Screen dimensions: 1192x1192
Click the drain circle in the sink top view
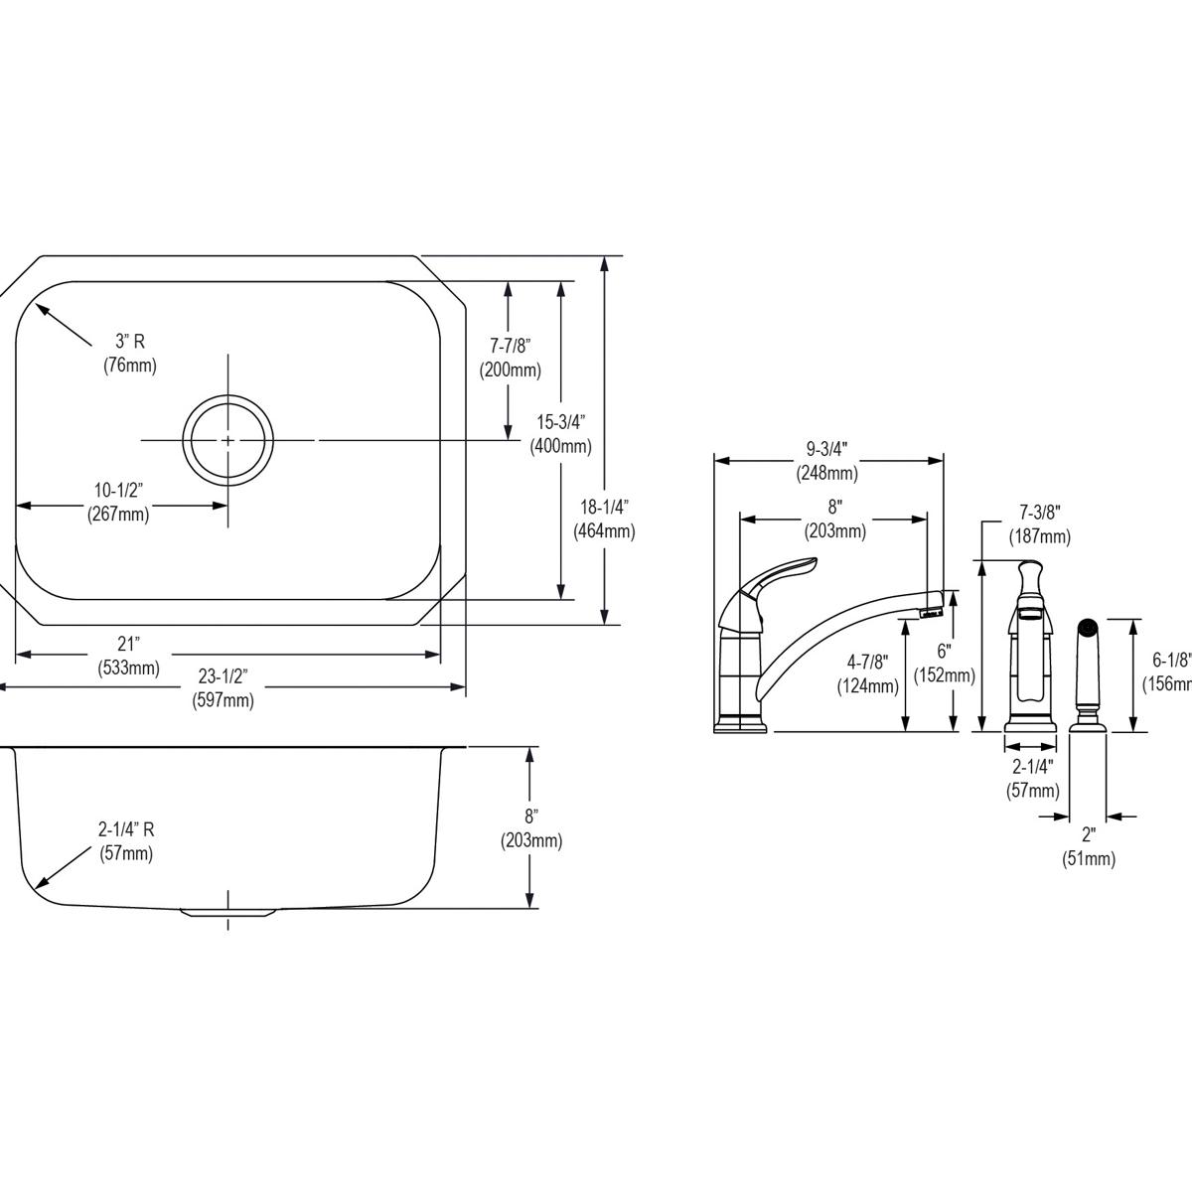point(228,439)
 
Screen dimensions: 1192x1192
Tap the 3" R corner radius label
point(130,354)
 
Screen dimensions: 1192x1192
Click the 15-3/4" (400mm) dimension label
point(561,435)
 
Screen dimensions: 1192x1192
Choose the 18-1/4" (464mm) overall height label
point(604,519)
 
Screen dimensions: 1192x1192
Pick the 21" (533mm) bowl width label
point(129,656)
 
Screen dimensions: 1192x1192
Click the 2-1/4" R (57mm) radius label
point(126,841)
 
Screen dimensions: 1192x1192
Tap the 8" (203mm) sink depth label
point(531,828)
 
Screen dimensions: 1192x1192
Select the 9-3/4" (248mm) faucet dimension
point(826,462)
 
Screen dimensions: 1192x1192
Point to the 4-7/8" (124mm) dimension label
point(868,673)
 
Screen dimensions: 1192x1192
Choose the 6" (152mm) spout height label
point(944,664)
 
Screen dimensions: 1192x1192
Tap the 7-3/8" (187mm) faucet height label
point(1040,524)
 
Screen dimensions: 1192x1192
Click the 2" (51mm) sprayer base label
point(1088,846)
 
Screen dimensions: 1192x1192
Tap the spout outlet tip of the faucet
point(931,609)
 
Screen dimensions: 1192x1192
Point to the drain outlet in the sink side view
point(228,911)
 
